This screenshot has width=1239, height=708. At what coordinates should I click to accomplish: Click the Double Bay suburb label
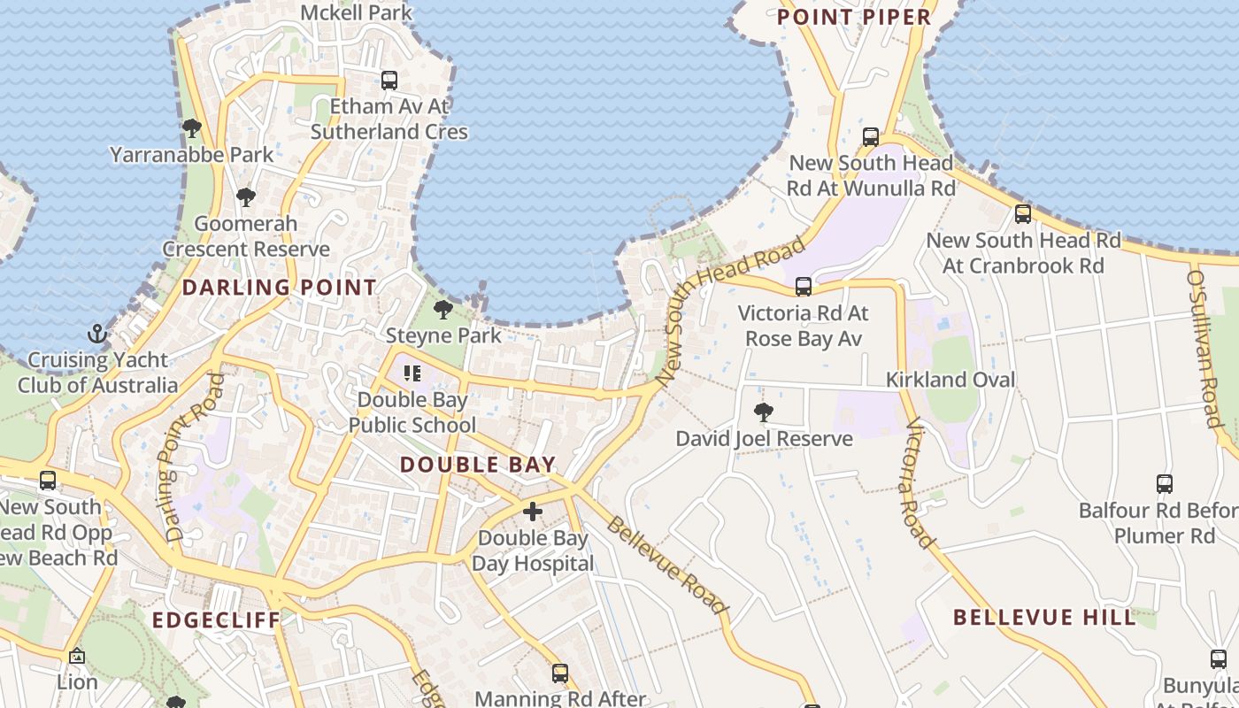pyautogui.click(x=478, y=465)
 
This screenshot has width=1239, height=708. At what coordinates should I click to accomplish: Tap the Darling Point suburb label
pyautogui.click(x=280, y=288)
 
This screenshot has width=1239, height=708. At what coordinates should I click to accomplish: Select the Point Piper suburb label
pyautogui.click(x=854, y=17)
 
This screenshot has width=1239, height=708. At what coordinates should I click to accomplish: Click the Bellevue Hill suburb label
pyautogui.click(x=1044, y=618)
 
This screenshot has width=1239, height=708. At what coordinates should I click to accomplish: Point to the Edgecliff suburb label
pyautogui.click(x=216, y=619)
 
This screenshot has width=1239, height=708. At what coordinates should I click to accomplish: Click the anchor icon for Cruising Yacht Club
pyautogui.click(x=97, y=335)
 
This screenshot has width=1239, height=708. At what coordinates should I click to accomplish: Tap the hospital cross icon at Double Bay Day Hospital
pyautogui.click(x=533, y=512)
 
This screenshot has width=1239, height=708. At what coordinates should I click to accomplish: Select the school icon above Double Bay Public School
pyautogui.click(x=412, y=373)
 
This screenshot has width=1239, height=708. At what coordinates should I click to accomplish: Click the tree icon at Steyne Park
pyautogui.click(x=443, y=310)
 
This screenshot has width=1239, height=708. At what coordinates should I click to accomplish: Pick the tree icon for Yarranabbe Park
pyautogui.click(x=191, y=128)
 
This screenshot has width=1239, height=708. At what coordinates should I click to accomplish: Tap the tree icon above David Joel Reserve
pyautogui.click(x=763, y=412)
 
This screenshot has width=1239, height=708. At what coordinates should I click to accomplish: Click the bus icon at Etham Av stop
pyautogui.click(x=389, y=81)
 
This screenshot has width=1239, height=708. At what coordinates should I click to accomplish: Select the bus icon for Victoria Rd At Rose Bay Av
pyautogui.click(x=804, y=287)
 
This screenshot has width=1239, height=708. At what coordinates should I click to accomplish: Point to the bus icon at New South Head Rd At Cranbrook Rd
pyautogui.click(x=1023, y=214)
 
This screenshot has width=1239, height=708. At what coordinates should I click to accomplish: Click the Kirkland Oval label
pyautogui.click(x=951, y=380)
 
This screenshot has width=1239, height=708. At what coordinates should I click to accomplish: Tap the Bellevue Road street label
pyautogui.click(x=667, y=564)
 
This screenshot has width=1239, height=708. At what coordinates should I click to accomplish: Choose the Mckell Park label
pyautogui.click(x=357, y=12)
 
